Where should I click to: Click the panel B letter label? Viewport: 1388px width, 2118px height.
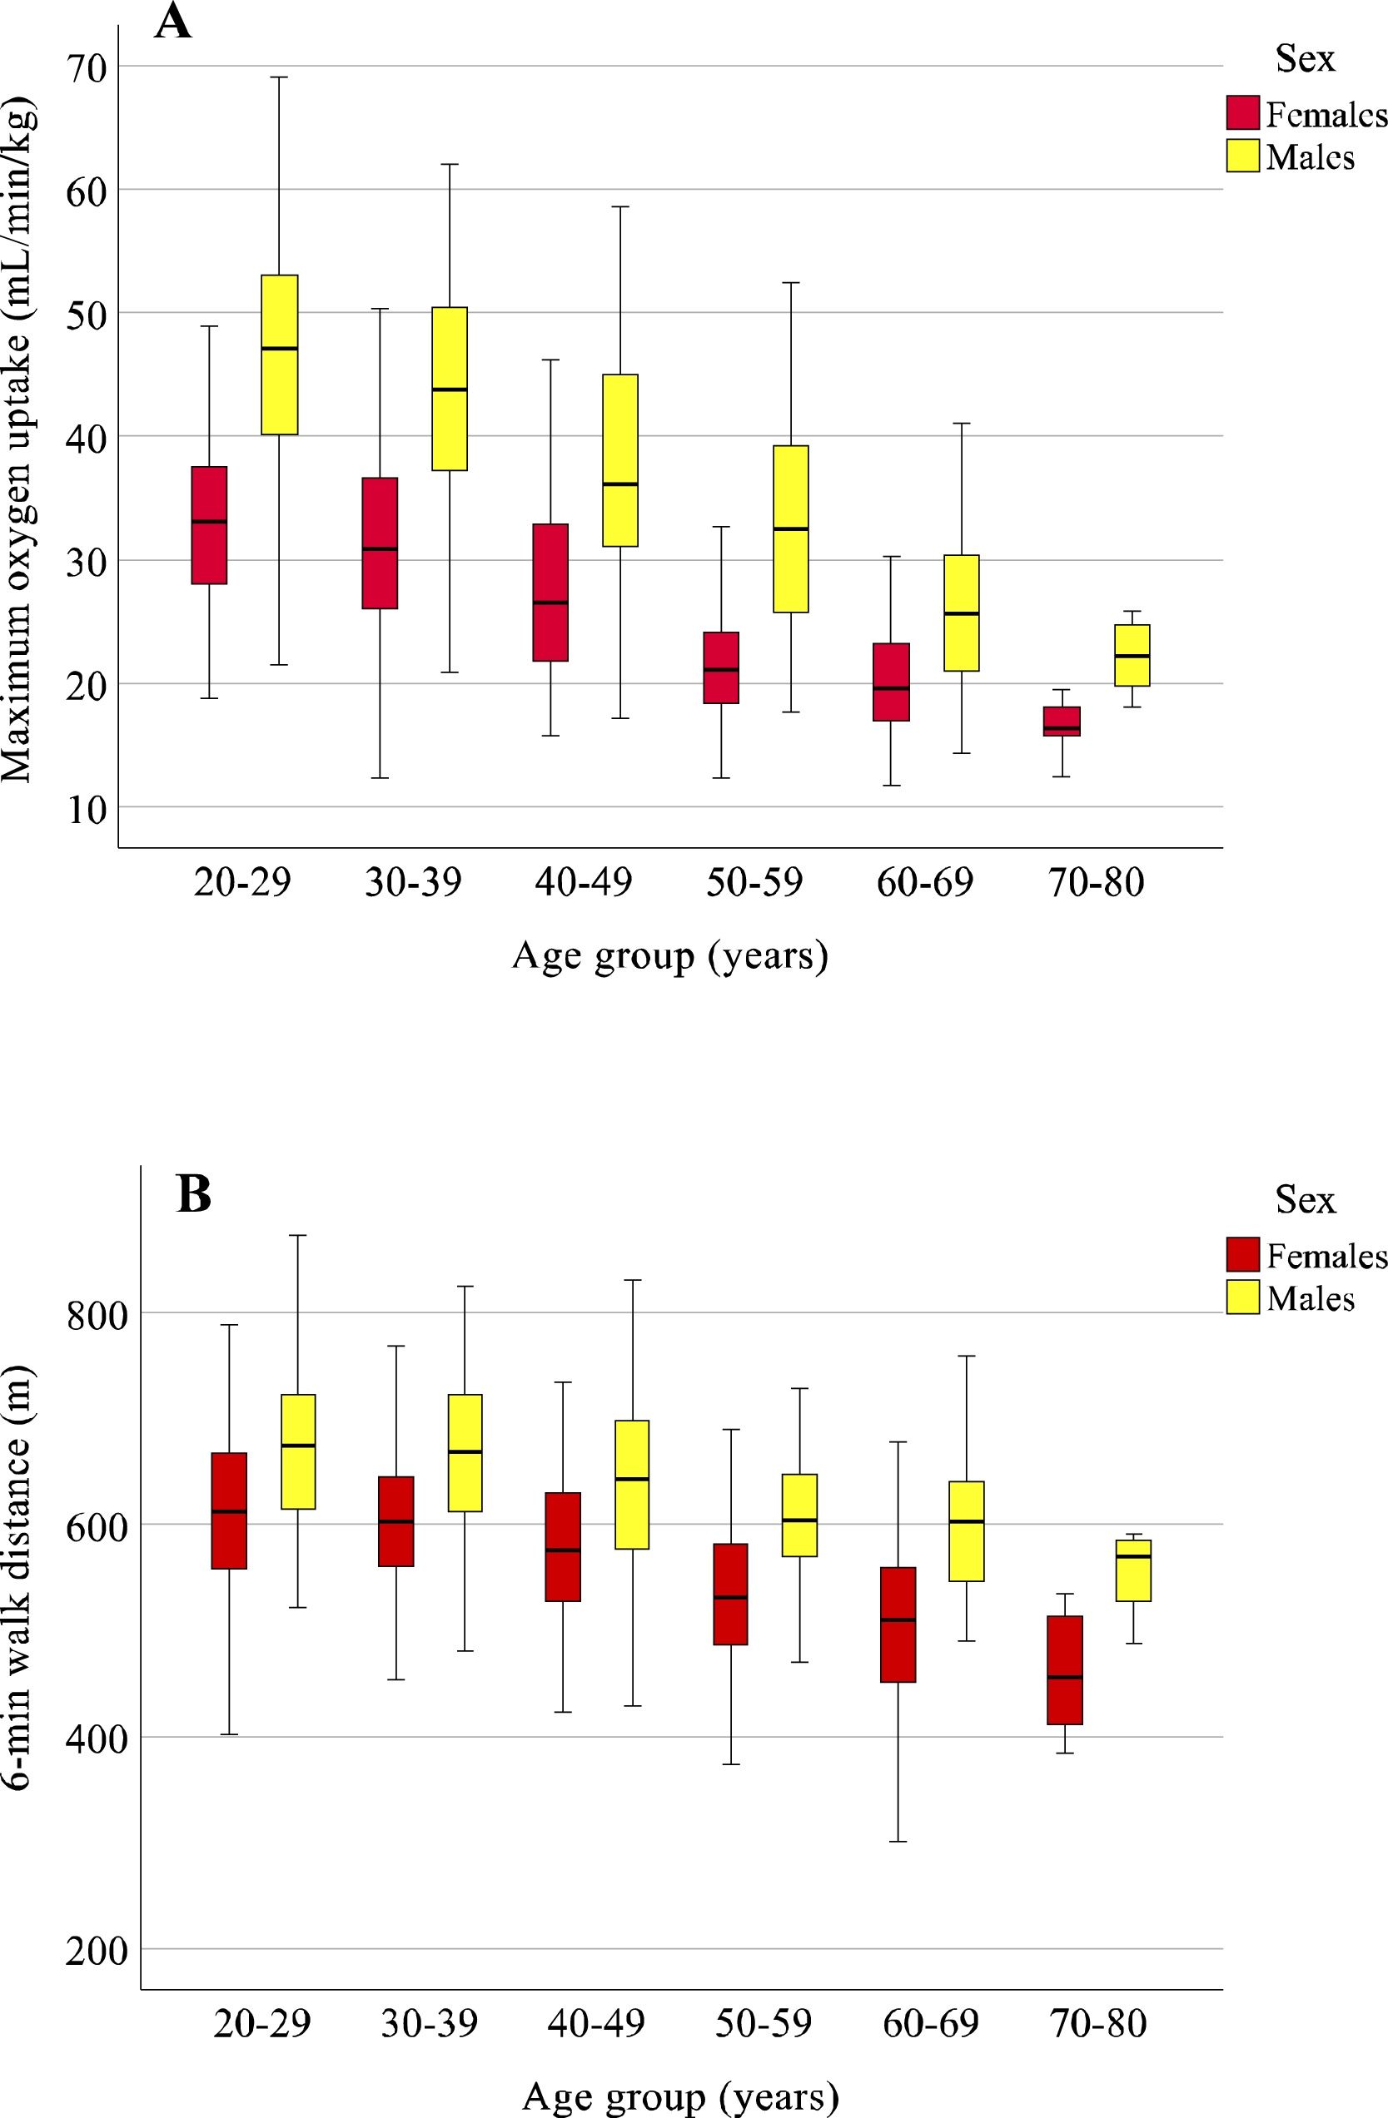[194, 1196]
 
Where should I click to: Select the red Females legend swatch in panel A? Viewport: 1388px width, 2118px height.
[1242, 113]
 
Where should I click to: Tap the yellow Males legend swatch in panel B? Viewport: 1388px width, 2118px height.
[1242, 1297]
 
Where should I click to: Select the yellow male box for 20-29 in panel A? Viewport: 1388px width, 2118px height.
[279, 355]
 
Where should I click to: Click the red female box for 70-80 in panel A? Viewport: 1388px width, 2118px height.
[1062, 721]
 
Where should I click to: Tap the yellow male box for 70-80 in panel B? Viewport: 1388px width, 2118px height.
[1133, 1570]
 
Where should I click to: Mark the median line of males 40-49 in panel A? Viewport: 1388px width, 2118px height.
[619, 484]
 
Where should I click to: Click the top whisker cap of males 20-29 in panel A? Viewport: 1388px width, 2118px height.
[279, 77]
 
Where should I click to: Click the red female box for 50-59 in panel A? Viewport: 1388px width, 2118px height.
[721, 667]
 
